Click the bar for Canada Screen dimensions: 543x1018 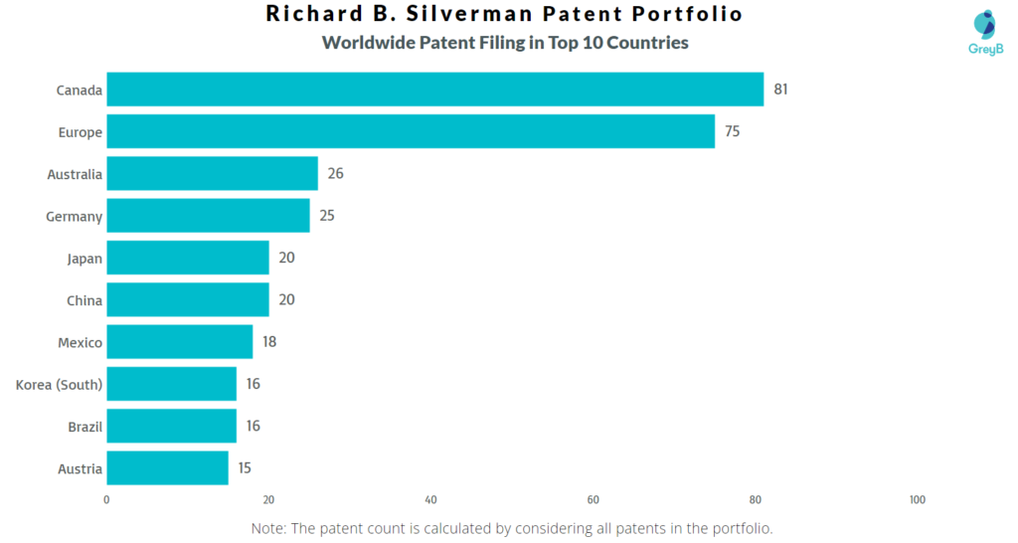434,90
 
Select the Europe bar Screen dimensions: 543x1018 410,131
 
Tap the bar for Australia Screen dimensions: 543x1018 212,174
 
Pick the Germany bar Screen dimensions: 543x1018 208,216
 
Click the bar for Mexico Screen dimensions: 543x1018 179,342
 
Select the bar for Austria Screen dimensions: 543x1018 167,468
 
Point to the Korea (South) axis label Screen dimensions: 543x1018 59,384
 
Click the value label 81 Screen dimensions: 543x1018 780,90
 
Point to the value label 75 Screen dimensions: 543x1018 732,131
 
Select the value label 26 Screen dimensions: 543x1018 335,174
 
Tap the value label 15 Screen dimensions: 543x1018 246,468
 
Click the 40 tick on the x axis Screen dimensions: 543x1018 430,499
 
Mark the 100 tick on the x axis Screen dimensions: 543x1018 917,499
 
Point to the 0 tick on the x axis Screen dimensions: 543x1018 106,499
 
